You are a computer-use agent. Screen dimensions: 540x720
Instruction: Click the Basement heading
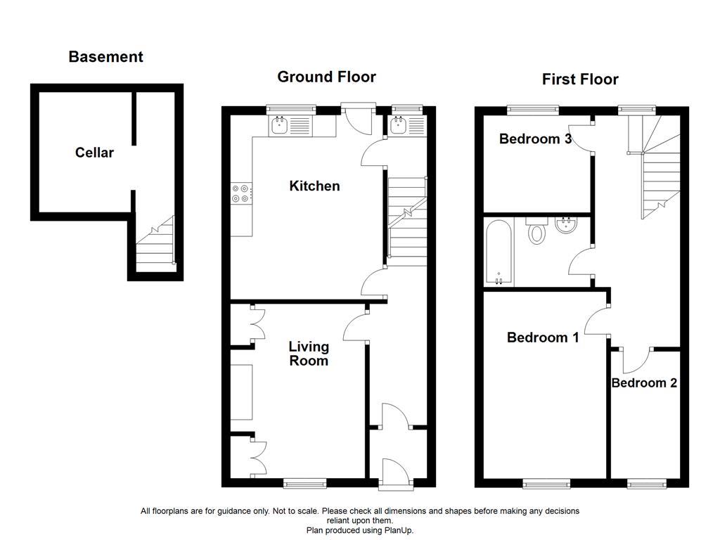pos(105,57)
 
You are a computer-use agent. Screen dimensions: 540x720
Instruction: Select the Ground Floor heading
pos(326,77)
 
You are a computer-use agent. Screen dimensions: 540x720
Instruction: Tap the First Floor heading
pos(579,79)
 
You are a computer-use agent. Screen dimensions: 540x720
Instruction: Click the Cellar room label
pos(94,153)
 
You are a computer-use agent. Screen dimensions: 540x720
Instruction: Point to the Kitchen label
pos(314,186)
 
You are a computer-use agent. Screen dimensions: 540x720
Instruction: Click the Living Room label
pos(309,354)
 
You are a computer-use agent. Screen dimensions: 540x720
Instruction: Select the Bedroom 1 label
pos(543,337)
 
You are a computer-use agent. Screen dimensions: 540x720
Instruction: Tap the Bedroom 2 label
pos(644,383)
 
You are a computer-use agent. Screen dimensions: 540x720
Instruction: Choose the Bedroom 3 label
pos(535,139)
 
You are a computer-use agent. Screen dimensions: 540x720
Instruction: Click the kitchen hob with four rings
pos(240,193)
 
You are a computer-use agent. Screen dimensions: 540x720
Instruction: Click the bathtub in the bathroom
pos(499,252)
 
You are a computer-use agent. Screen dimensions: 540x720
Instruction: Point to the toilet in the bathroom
pos(537,230)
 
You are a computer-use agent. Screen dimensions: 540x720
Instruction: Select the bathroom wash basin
pos(566,226)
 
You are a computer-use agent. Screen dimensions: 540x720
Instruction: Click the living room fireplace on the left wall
pos(241,392)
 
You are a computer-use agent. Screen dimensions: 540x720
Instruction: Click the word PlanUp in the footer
pos(400,530)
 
